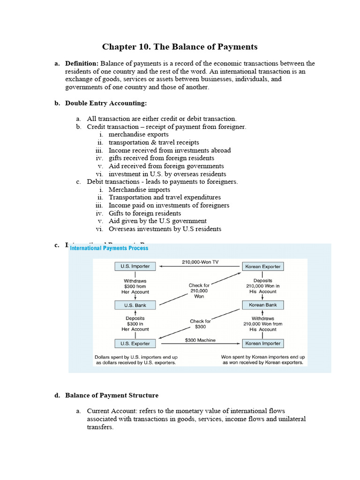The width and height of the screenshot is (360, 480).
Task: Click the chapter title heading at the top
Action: pos(180,47)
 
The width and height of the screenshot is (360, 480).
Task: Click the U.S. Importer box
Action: pos(135,266)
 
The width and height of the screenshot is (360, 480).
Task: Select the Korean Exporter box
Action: pos(262,266)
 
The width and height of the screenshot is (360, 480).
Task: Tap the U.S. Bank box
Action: pos(135,305)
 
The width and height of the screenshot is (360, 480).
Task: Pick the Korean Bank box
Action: pos(262,305)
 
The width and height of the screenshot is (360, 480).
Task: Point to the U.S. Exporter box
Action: pos(135,344)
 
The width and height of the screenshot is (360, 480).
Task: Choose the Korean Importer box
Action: pos(262,344)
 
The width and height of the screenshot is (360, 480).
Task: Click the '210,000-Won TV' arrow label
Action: pos(200,262)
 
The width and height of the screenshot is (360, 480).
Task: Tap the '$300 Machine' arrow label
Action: pos(200,340)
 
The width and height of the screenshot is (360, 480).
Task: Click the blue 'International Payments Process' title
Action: pos(109,248)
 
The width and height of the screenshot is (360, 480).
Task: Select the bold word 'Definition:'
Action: pos(82,63)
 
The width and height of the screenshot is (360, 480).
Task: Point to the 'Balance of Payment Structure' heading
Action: pos(112,395)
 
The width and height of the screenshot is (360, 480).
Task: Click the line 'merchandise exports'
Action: pos(138,135)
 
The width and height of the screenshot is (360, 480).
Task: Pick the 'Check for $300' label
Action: pos(200,324)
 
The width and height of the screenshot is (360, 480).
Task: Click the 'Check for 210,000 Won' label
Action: pos(199,291)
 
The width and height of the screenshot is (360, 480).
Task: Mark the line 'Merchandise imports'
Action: pos(139,189)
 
